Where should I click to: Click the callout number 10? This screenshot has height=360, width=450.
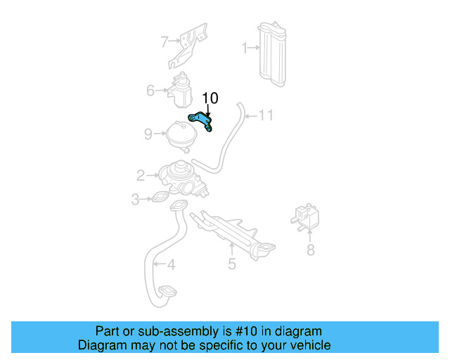[x=210, y=98]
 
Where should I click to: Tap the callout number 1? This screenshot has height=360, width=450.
[x=245, y=48]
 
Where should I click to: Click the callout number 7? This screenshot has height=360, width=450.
[x=165, y=41]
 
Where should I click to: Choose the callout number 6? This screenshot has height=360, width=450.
[x=150, y=90]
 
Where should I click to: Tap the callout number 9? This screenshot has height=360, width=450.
[x=148, y=134]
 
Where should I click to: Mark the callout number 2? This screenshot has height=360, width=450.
[x=141, y=175]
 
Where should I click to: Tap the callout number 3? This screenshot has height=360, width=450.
[x=136, y=200]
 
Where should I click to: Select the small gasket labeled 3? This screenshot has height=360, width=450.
[x=161, y=198]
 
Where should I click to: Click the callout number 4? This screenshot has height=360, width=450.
[x=171, y=265]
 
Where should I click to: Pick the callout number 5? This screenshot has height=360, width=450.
[x=232, y=264]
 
